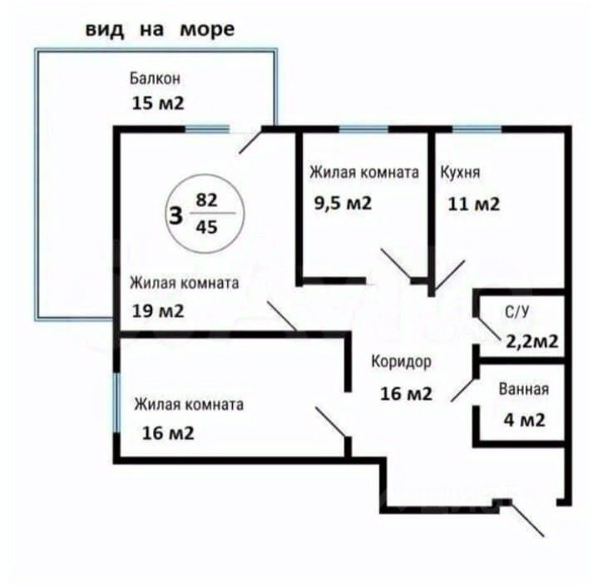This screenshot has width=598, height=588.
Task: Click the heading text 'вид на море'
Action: pyautogui.click(x=160, y=30)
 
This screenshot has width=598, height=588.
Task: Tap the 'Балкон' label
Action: pyautogui.click(x=155, y=79)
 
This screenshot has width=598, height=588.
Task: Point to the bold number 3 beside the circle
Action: pyautogui.click(x=175, y=215)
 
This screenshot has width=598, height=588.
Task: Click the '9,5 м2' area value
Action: pyautogui.click(x=342, y=204)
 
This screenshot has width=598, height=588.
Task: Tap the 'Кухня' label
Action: pyautogui.click(x=459, y=174)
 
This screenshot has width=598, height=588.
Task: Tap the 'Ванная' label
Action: pyautogui.click(x=523, y=388)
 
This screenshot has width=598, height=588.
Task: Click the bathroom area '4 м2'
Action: pyautogui.click(x=525, y=419)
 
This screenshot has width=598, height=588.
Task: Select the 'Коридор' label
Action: pyautogui.click(x=401, y=362)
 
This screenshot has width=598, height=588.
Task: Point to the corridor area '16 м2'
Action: pyautogui.click(x=407, y=393)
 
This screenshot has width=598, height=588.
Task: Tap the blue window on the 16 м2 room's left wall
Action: pyautogui.click(x=116, y=403)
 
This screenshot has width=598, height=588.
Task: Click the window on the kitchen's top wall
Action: pyautogui.click(x=477, y=129)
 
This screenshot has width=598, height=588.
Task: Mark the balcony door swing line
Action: pyautogui.click(x=250, y=141)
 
